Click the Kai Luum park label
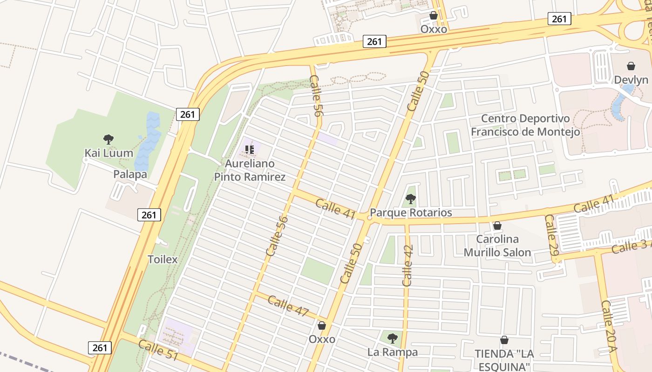point(109,153)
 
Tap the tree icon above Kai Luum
point(109,139)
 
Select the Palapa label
point(130,174)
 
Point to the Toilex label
point(163,259)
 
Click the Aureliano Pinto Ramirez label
point(249,170)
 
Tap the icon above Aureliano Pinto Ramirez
point(250,150)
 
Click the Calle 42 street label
point(407,266)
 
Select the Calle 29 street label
point(551,241)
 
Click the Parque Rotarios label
point(411,213)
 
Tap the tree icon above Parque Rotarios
point(410,199)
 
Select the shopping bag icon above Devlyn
point(631,66)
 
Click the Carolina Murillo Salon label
point(497,246)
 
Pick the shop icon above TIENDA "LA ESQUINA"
point(504,340)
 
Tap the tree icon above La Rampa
point(393,338)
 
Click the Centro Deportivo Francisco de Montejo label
point(525,126)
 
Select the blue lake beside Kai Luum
point(148,139)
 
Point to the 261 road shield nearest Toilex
point(149,215)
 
